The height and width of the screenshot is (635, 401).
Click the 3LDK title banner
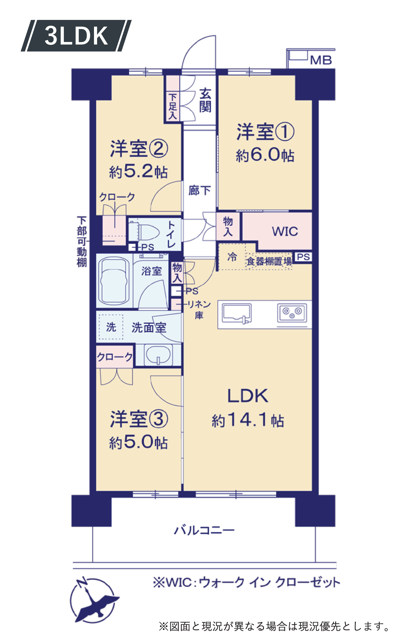pos(76,36)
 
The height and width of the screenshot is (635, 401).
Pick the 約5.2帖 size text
pos(138,172)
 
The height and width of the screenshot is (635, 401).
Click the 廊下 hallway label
pos(200,190)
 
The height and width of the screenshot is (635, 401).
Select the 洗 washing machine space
pos(111,327)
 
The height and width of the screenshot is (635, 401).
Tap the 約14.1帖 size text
pos(248,420)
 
